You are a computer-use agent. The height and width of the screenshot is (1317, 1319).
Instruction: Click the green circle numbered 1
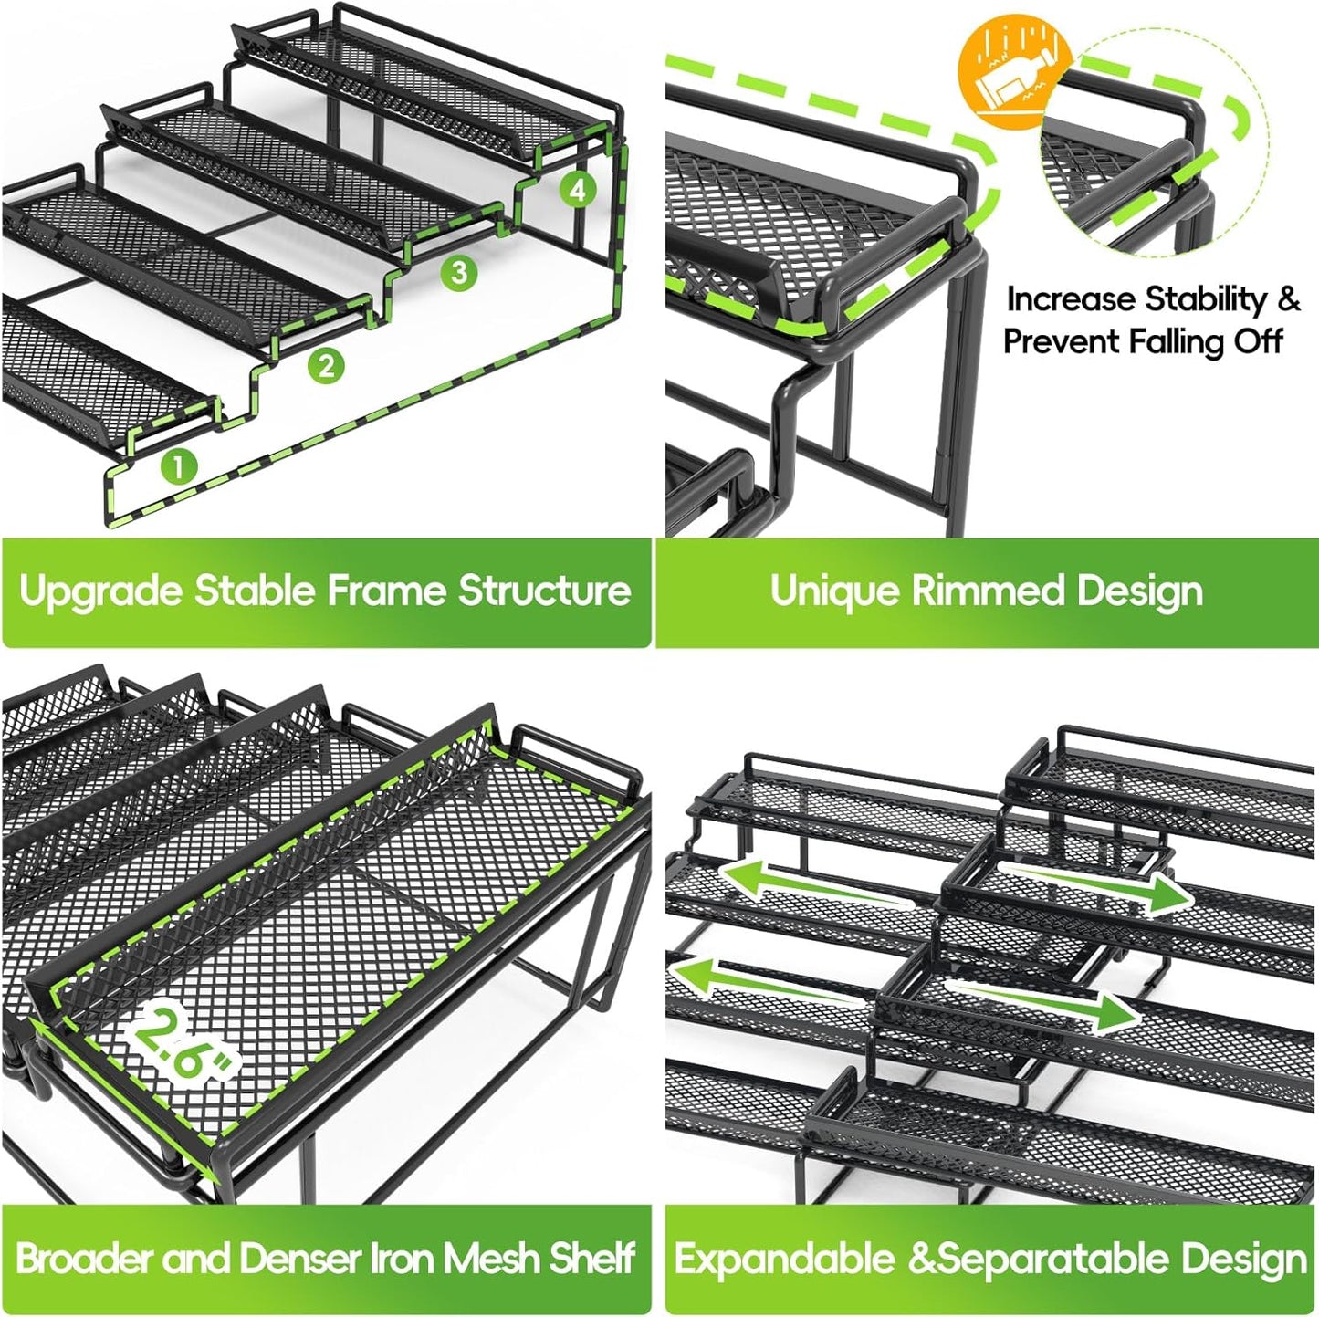pos(179,466)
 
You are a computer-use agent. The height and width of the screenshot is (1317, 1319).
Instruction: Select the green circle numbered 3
pos(459,272)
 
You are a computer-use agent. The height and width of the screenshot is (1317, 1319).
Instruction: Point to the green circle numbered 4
pos(577,190)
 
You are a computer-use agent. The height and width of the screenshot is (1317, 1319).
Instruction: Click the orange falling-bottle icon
pos(1014,68)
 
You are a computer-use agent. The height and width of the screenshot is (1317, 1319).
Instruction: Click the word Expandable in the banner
pos(784,1260)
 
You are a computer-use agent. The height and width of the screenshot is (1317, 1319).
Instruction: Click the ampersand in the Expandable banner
pos(924,1260)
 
